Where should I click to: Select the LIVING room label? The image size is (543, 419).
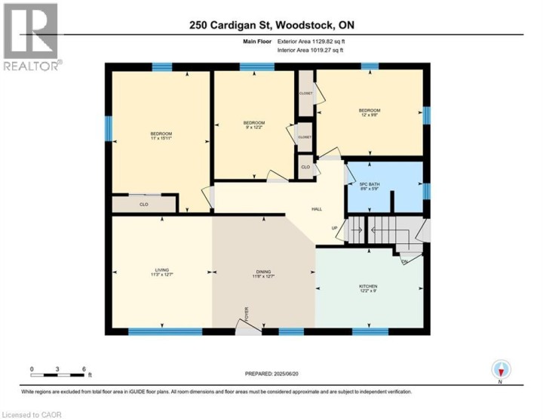click(x=161, y=273)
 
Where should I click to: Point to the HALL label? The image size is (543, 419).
click(x=318, y=209)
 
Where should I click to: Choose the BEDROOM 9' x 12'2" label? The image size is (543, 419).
click(x=253, y=125)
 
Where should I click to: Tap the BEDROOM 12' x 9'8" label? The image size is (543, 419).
click(x=369, y=113)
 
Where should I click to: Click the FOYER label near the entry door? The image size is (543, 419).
click(x=245, y=313)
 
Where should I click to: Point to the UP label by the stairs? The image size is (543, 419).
click(x=335, y=228)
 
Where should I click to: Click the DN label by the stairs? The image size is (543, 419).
click(x=404, y=261)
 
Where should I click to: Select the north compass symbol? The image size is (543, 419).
click(x=501, y=370)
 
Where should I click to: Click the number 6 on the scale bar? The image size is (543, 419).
click(x=83, y=369)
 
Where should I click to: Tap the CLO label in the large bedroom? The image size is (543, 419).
click(x=143, y=204)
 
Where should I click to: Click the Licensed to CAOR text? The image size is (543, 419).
click(x=32, y=414)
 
